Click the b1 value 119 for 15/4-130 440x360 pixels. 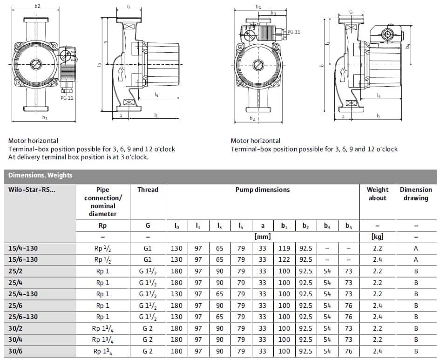coord(284,249)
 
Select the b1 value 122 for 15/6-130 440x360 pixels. coord(284,260)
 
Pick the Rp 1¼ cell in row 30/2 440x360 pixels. coord(103,328)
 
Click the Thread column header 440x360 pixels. coord(148,190)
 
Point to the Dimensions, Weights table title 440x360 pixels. coord(40,176)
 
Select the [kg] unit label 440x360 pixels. coord(377,237)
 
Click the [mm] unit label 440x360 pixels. coord(263,237)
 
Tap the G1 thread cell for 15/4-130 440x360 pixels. coord(148,249)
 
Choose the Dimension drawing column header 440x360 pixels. coord(415,194)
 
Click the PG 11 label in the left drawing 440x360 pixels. coord(67,98)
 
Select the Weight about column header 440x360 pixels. coord(377,194)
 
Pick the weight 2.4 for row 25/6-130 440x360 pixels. coord(377,317)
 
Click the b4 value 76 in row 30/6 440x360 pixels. coord(349,351)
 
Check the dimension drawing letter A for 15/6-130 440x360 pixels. coord(416,260)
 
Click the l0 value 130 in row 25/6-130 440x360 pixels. coord(177,317)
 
